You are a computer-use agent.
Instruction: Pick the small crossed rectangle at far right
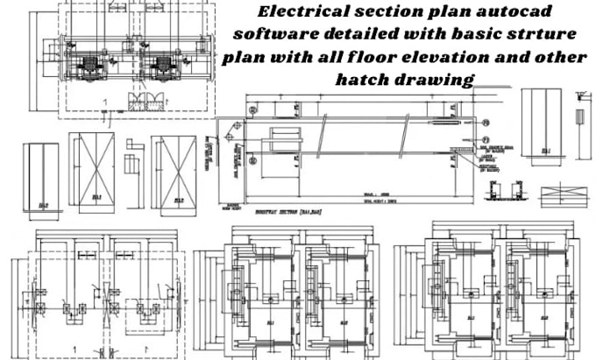[x=561, y=193]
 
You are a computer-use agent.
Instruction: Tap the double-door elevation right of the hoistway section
[x=545, y=124]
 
